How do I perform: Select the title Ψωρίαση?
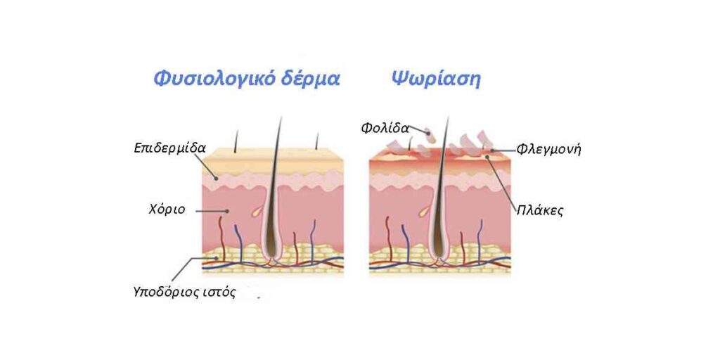tap(436, 79)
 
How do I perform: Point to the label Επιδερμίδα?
tap(170, 148)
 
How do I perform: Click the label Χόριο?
tap(167, 210)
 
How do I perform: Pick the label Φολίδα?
tap(385, 128)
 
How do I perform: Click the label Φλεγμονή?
tap(549, 149)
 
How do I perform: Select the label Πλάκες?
tap(539, 211)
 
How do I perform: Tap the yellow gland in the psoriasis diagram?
tap(423, 212)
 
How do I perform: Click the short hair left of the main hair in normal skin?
tap(236, 141)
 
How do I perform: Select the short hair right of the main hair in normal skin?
tap(317, 141)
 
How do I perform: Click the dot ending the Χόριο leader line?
tap(227, 211)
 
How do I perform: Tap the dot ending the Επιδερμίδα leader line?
tap(216, 176)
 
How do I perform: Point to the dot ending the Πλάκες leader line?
tap(487, 157)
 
